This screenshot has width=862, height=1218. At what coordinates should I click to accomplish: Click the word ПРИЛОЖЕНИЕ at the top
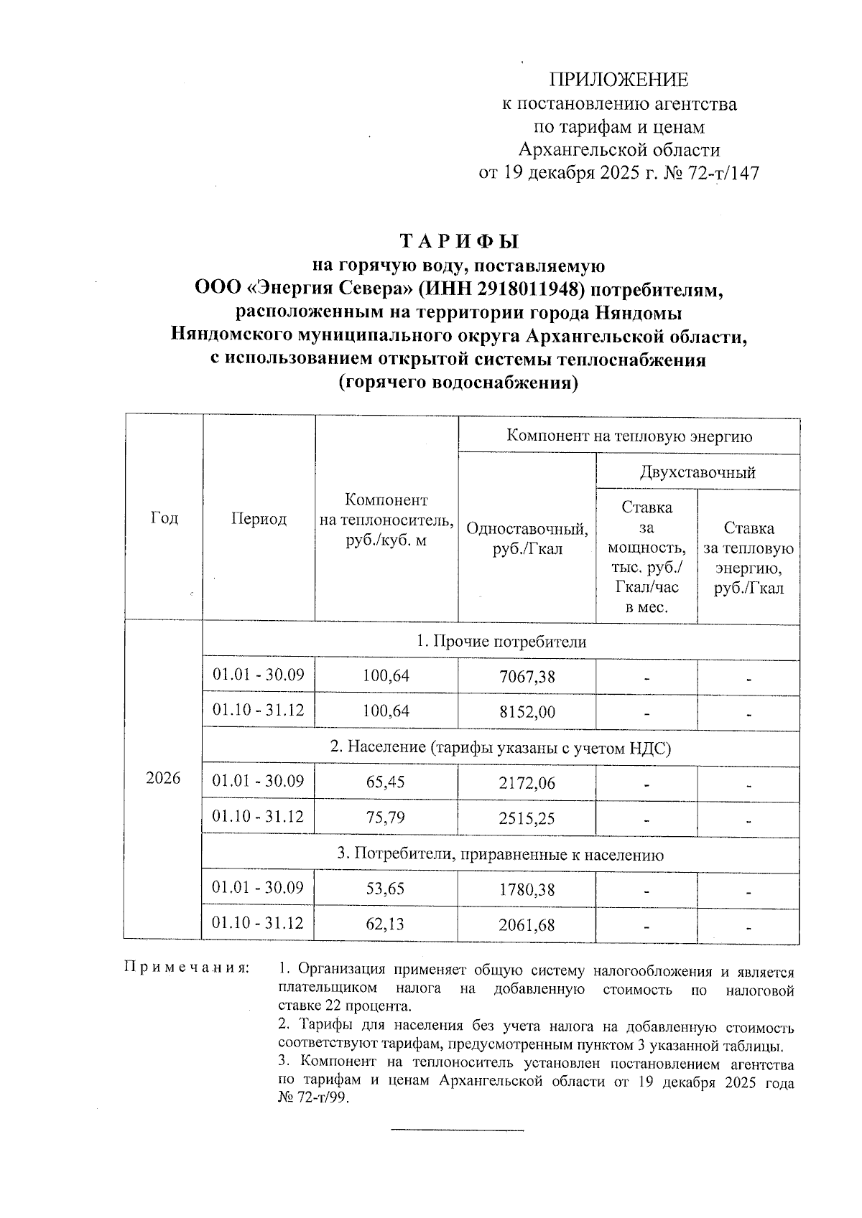tap(618, 80)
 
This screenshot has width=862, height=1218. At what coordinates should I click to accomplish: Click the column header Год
tap(164, 517)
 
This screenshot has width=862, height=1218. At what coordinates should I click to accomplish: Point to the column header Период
tap(259, 519)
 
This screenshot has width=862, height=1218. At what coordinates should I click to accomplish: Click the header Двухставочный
tap(697, 472)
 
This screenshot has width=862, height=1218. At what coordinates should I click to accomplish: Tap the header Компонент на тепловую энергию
tap(629, 436)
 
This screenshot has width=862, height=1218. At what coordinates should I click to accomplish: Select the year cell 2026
tap(163, 779)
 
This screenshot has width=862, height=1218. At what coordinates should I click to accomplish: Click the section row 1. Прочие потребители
tap(501, 642)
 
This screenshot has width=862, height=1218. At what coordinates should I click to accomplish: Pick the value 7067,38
tap(527, 676)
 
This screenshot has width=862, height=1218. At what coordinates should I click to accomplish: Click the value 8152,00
tap(527, 712)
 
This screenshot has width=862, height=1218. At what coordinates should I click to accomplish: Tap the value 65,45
tap(386, 782)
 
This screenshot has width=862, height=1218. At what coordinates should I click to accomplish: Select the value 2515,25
tap(527, 818)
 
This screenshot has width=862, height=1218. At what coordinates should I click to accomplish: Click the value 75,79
tap(386, 817)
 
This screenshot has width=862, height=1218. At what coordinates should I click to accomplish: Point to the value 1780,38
tap(527, 890)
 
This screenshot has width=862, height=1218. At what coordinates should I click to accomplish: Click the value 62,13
tap(386, 924)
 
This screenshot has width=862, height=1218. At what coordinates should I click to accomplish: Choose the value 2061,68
tap(527, 925)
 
